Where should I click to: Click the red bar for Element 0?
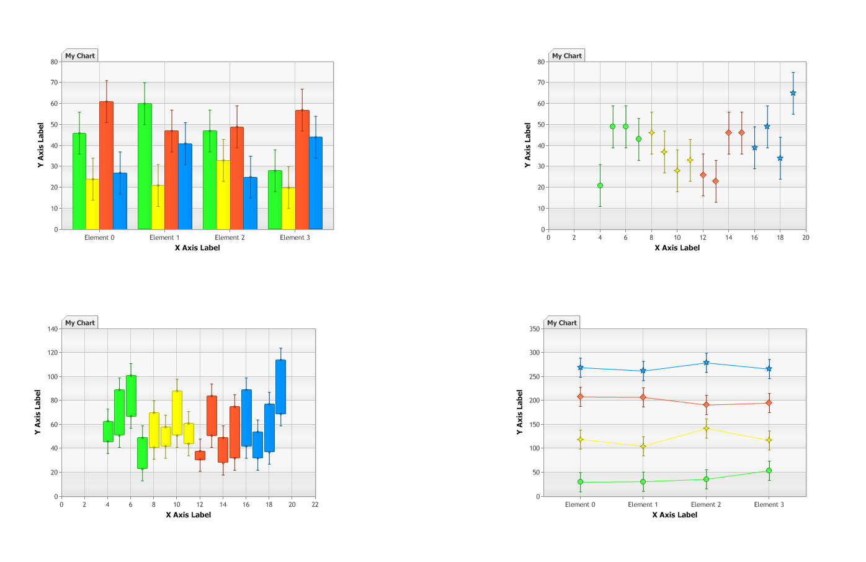[x=106, y=165]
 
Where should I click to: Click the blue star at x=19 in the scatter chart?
[x=793, y=93]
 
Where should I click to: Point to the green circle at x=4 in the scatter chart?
[x=600, y=186]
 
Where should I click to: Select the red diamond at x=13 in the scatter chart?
[x=715, y=181]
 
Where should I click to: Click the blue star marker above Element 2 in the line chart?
[x=706, y=363]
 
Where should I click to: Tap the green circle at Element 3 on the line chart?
[x=769, y=471]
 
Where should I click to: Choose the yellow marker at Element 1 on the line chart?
[x=643, y=446]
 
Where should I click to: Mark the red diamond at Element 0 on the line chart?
[x=580, y=397]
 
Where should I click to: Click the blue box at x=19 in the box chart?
[x=280, y=387]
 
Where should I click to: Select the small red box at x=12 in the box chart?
[x=200, y=455]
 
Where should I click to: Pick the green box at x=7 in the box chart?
[x=142, y=453]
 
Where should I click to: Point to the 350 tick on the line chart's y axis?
[x=534, y=329]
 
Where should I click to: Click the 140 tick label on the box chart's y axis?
[x=52, y=329]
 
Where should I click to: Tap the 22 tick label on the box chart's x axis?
[x=315, y=505]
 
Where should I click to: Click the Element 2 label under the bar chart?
[x=230, y=238]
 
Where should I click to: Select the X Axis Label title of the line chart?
[x=674, y=515]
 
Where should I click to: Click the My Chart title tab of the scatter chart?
[x=567, y=56]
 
